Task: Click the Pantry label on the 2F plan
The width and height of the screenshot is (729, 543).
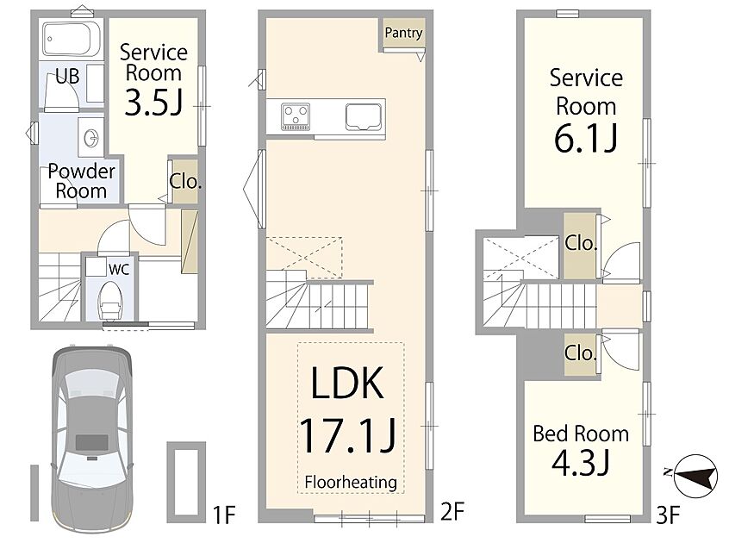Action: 403,33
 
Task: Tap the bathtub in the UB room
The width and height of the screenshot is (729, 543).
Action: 72,39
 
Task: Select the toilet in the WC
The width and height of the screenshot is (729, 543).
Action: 110,300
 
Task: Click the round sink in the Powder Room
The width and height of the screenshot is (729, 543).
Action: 91,138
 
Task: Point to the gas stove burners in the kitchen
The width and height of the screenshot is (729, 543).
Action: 296,116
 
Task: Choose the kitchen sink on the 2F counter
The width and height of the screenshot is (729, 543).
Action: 364,116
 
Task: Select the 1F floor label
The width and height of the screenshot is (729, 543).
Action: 224,515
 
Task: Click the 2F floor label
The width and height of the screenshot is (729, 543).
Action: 452,512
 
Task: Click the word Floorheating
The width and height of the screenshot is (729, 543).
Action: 351,482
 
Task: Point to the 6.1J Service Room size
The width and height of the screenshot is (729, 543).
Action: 586,138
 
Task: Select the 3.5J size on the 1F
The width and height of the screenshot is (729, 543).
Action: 153,103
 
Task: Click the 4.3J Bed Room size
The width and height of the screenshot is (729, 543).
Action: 580,463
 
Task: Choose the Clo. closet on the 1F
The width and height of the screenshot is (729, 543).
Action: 185,181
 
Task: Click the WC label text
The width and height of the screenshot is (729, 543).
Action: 119,269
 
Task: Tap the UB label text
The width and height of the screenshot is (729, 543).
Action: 67,76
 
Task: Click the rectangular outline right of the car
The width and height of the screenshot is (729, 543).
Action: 186,482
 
